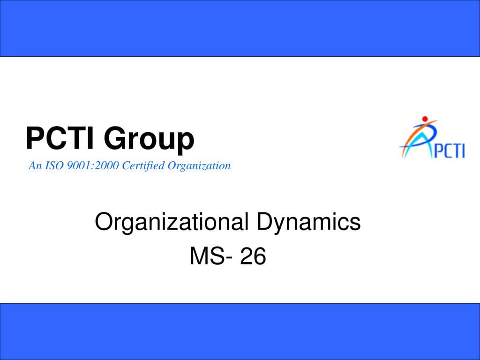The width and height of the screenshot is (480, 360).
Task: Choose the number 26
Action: [x=253, y=256]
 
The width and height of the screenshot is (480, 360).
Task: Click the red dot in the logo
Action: [x=425, y=119]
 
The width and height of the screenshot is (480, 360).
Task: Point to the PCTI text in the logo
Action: [x=449, y=150]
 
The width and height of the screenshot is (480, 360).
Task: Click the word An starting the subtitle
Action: [x=35, y=165]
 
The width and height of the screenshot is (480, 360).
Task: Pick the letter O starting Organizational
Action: [x=103, y=221]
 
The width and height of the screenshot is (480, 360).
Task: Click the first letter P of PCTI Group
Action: [x=34, y=138]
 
